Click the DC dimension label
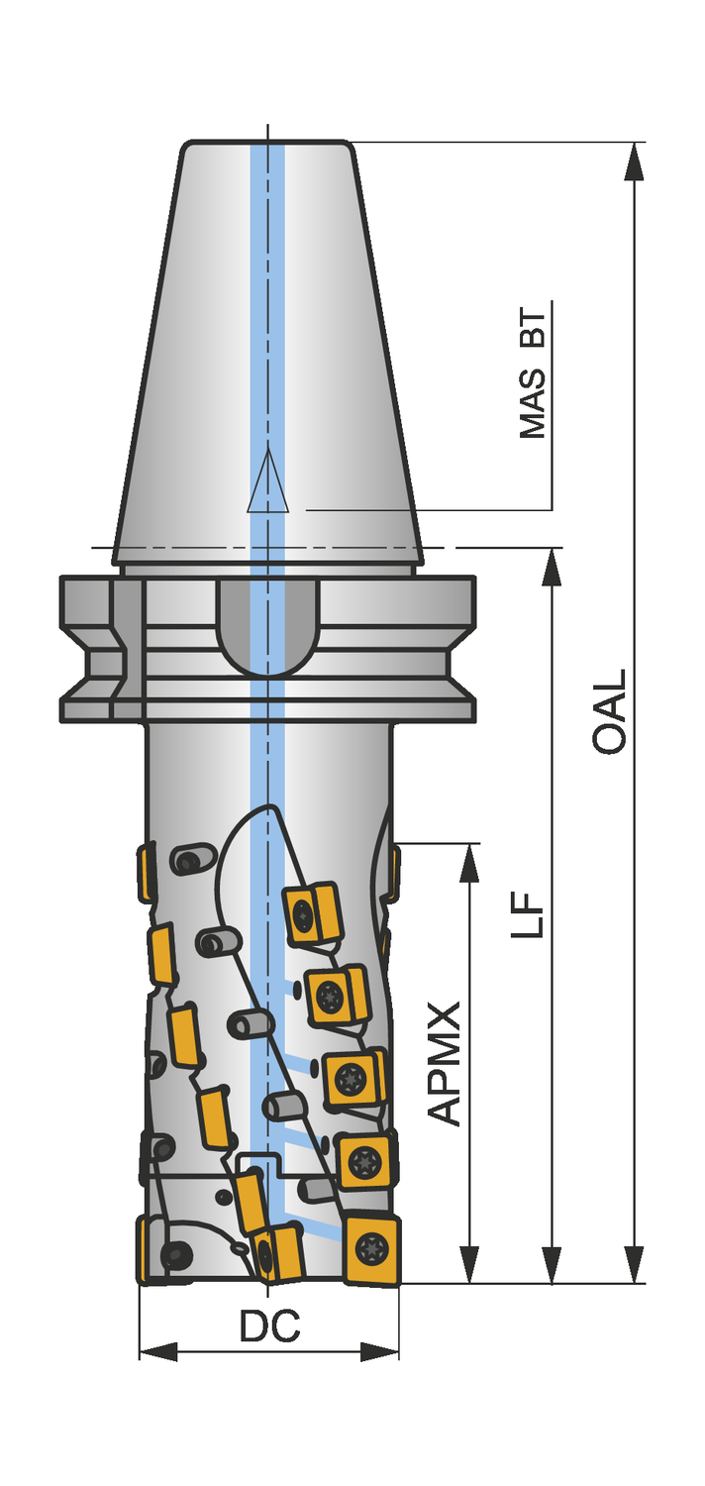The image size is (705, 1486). coord(269,1326)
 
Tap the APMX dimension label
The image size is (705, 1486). coord(447,1064)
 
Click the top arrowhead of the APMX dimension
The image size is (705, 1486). coord(469,863)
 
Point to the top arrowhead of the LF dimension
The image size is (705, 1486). coord(552,567)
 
